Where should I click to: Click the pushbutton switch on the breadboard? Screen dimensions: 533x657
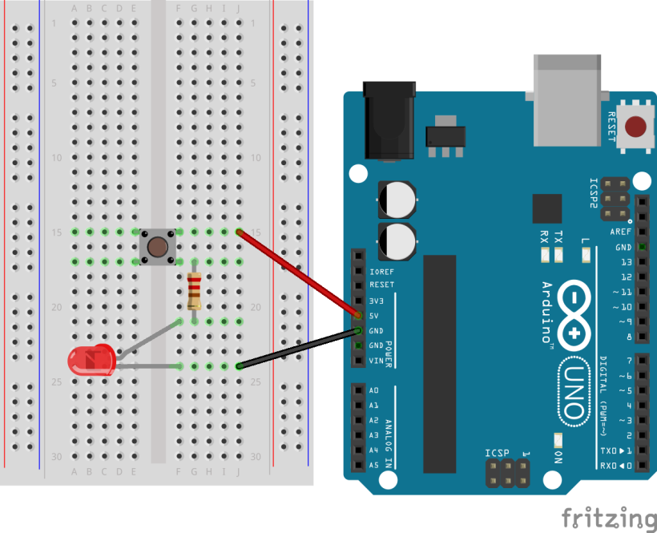(159, 246)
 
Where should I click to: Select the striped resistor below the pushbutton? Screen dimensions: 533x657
(194, 292)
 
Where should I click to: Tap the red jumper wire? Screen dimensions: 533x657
(298, 273)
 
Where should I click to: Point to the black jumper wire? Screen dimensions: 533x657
(298, 348)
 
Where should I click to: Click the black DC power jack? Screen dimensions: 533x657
(389, 120)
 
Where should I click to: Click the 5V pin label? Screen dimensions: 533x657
(375, 316)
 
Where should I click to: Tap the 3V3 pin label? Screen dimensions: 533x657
(377, 301)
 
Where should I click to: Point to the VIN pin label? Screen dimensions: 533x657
(377, 361)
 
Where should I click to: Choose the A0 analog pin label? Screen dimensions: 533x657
(373, 390)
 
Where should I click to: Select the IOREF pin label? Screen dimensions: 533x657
(381, 271)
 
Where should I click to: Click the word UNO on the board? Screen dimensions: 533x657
(571, 390)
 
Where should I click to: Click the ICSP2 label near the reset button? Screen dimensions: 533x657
(594, 194)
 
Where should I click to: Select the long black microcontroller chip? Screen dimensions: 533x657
(439, 364)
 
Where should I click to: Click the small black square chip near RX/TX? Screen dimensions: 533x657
(547, 208)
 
